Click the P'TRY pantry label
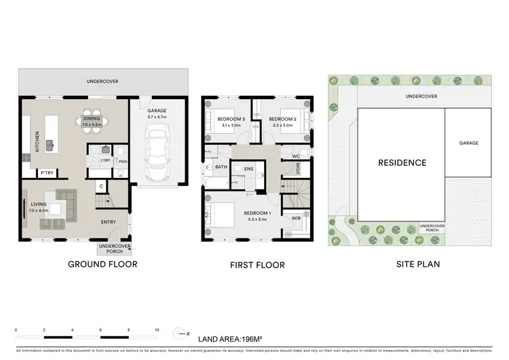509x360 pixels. tap(47, 173)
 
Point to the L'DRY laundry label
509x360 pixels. tap(105, 160)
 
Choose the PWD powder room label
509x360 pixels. tap(123, 162)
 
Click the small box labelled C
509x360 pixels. tap(100, 185)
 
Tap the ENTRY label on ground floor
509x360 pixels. tap(109, 221)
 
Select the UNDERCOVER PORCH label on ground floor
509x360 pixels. tap(114, 249)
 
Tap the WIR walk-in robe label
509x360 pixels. tap(297, 218)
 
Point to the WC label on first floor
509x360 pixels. tap(296, 156)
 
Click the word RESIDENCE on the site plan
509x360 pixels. tap(402, 162)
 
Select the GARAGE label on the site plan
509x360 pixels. tap(468, 143)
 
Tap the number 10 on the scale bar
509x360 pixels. tap(157, 330)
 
